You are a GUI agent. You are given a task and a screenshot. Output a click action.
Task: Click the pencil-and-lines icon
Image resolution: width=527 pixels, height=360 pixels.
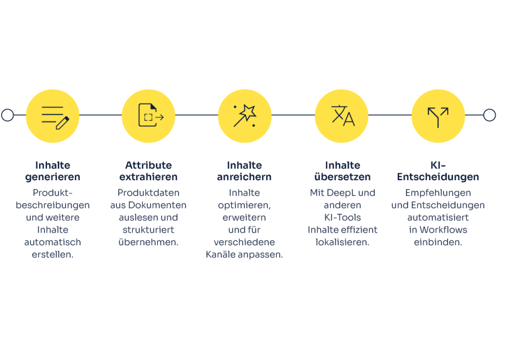(x=55, y=118)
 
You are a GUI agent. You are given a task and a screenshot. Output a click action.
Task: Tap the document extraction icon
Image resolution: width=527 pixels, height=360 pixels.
(x=151, y=115)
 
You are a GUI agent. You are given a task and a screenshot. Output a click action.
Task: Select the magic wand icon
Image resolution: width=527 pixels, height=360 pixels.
(x=245, y=116)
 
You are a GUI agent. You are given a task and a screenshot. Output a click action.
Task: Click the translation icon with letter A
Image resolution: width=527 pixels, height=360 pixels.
(x=343, y=116)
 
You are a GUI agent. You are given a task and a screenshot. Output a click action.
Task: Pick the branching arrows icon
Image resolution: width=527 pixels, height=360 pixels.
(x=438, y=117)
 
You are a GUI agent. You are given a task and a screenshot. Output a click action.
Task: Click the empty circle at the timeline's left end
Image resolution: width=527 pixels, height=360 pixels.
(x=7, y=115)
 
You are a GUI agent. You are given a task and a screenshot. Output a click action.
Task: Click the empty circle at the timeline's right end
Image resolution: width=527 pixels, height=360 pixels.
(x=489, y=115)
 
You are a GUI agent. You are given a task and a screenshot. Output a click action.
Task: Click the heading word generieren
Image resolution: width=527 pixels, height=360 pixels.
(x=53, y=177)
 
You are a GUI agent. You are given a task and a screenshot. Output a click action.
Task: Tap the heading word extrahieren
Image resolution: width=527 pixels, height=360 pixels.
(x=148, y=177)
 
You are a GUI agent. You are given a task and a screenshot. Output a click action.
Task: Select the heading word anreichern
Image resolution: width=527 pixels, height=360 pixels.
(x=244, y=177)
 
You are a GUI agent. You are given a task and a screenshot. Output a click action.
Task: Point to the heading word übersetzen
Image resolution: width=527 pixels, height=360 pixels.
(x=342, y=177)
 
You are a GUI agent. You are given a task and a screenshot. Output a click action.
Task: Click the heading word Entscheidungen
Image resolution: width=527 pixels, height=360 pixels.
(x=438, y=177)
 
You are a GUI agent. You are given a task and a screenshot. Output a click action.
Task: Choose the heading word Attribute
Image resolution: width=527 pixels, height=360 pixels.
(x=149, y=165)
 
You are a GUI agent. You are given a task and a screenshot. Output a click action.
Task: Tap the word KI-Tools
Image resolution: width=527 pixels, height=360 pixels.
(x=342, y=217)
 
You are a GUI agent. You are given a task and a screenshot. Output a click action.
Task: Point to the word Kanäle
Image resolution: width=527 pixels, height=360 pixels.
(x=221, y=254)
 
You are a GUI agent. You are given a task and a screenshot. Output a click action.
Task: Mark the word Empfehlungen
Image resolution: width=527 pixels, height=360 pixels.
(x=438, y=193)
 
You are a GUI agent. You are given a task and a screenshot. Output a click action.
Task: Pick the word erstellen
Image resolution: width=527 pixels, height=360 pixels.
(x=53, y=254)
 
